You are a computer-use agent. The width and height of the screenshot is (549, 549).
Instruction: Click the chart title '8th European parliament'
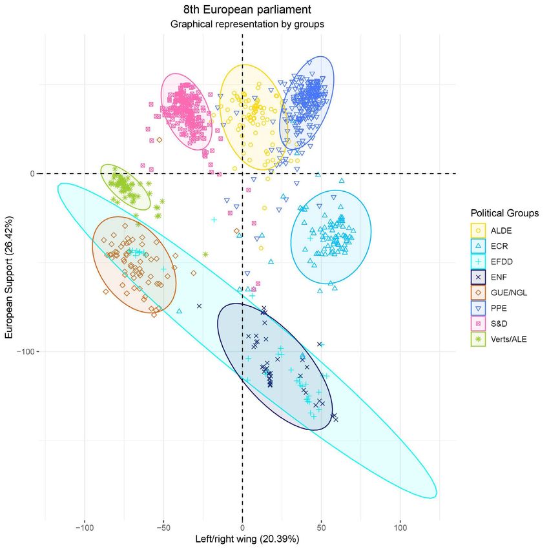coord(247,10)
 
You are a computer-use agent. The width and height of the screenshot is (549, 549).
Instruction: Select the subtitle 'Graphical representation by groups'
coord(247,25)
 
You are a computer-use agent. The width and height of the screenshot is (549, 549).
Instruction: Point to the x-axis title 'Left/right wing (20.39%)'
coord(242,537)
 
